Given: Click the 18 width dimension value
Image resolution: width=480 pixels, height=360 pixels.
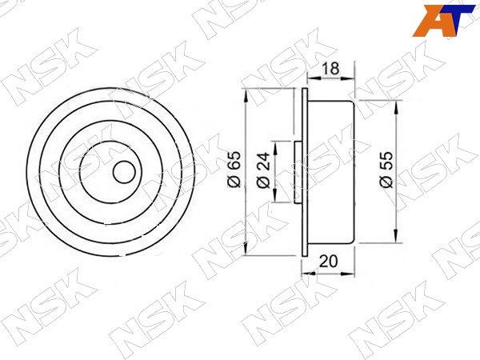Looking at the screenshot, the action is pos(331,69).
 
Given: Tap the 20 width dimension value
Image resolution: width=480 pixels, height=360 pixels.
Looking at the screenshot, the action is pos(328,261).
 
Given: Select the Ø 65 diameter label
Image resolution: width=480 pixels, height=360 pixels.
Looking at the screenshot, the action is pos(234,169).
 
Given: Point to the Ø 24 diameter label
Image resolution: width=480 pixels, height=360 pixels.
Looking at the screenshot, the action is pos(263,170).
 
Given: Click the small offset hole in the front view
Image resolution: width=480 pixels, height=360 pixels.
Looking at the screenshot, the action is pos(124,172).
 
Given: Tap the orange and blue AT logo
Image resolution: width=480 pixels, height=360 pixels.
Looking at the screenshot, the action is pos(445,21).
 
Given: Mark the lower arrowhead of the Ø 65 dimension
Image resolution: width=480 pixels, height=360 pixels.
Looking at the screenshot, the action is pos(246,248).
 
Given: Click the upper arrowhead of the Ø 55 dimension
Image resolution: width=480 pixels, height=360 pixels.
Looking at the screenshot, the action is pos(396,108).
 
